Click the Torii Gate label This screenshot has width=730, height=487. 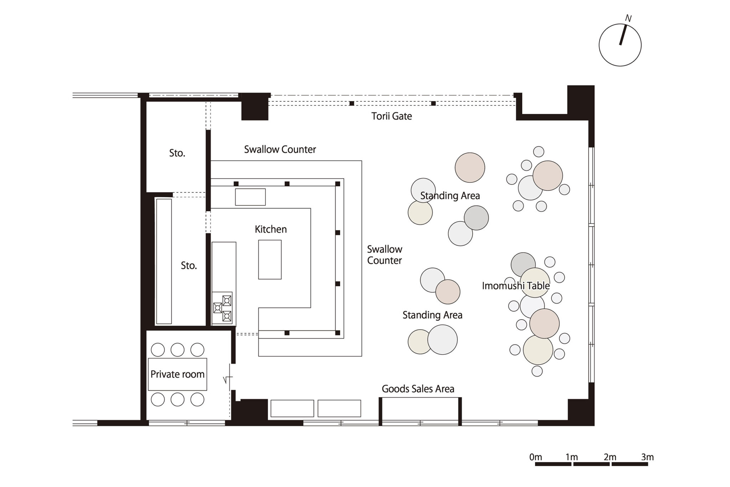click(x=391, y=116)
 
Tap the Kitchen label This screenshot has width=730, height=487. click(x=271, y=229)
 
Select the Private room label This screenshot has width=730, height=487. click(x=177, y=374)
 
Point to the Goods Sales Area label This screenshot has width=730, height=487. click(x=418, y=389)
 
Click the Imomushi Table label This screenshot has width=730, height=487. click(x=516, y=286)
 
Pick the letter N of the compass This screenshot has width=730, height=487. click(x=628, y=19)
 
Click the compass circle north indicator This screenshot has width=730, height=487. click(x=623, y=35)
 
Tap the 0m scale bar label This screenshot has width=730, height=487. click(x=535, y=457)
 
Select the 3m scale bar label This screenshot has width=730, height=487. click(x=647, y=457)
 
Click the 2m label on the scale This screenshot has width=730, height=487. click(x=610, y=457)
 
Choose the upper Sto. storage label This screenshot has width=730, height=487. click(x=177, y=153)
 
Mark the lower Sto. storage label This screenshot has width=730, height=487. click(x=189, y=265)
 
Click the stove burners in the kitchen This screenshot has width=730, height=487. click(x=222, y=308)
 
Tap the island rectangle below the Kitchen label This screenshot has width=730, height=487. click(x=270, y=259)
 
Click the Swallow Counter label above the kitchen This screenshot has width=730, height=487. click(x=280, y=149)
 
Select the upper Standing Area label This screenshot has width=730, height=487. click(x=450, y=196)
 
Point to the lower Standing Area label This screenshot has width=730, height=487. click(x=432, y=315)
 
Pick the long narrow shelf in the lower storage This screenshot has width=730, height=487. click(x=164, y=261)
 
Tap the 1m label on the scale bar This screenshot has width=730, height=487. click(x=572, y=457)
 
